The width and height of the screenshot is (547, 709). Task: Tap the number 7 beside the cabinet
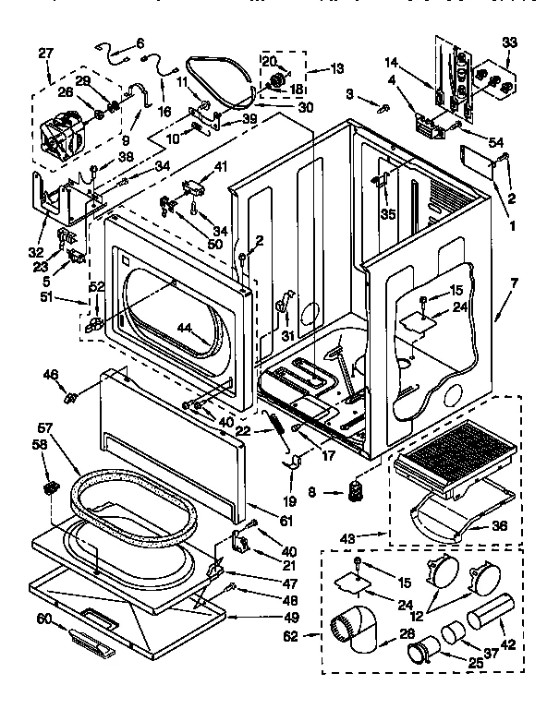[514, 282]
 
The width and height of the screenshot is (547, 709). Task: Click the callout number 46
[51, 374]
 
